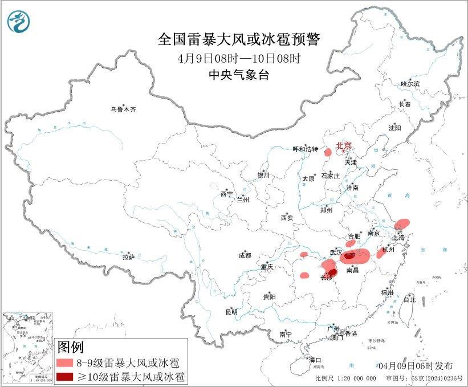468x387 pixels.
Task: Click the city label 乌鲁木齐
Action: [x=124, y=109]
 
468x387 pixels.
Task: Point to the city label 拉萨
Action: [x=128, y=257]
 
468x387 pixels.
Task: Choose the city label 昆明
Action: [x=231, y=311]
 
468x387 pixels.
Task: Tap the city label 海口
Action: [x=315, y=360]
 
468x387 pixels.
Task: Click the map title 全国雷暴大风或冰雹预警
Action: [x=239, y=39]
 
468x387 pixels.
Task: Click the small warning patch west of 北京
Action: [x=328, y=152]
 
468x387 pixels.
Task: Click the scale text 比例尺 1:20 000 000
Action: [x=345, y=378]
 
